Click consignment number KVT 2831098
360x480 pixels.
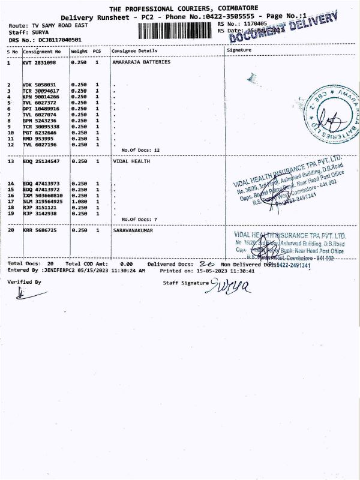39,62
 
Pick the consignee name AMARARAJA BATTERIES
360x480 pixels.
141,62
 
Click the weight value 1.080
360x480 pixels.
79,201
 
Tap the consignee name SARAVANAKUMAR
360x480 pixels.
133,230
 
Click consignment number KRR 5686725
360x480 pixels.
40,230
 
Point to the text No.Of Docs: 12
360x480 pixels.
140,149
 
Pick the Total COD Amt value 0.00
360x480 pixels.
126,264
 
